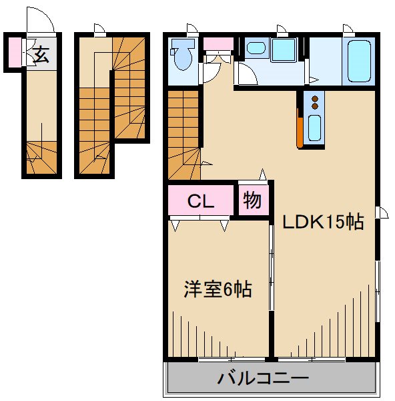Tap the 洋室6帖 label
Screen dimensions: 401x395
(x=218, y=290)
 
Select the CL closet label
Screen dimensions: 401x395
(x=200, y=201)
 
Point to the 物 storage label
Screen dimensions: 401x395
(x=252, y=200)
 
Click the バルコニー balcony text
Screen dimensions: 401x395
(x=264, y=379)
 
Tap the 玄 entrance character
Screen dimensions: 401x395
(x=41, y=55)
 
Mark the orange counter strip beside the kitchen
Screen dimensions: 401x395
(x=301, y=130)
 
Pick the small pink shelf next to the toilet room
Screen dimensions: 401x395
(x=218, y=44)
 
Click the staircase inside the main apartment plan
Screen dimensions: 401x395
(x=183, y=134)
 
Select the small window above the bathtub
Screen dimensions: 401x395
(x=348, y=29)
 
